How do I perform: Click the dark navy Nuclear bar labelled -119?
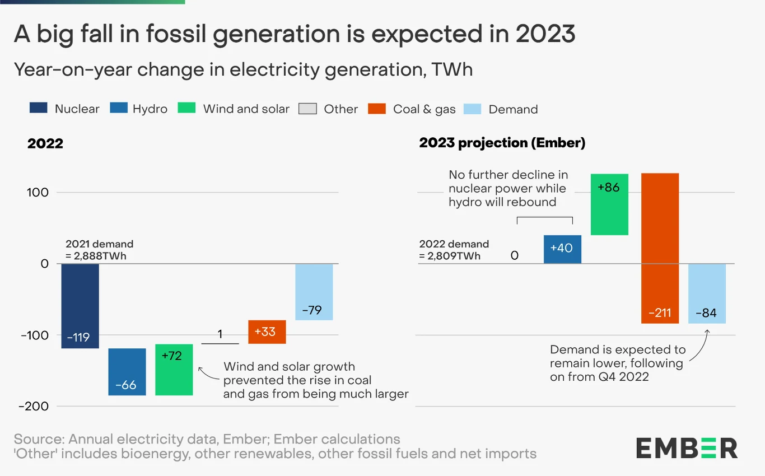pos(80,306)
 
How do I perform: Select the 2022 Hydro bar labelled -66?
pos(127,372)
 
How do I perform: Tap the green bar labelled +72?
pos(174,370)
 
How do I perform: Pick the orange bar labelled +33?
pos(267,332)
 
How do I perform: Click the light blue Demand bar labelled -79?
pos(314,292)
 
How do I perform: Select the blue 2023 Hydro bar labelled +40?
pos(562,249)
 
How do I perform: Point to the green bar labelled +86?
pos(609,204)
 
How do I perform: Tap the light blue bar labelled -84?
pos(707,293)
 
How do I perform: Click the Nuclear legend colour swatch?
pos(39,109)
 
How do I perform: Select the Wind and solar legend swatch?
pos(186,109)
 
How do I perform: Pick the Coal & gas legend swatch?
pos(377,109)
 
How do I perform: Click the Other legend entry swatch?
pos(307,109)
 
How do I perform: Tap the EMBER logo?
pos(687,448)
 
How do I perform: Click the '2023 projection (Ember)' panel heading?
pos(502,143)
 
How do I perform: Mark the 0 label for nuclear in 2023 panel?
pos(514,256)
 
